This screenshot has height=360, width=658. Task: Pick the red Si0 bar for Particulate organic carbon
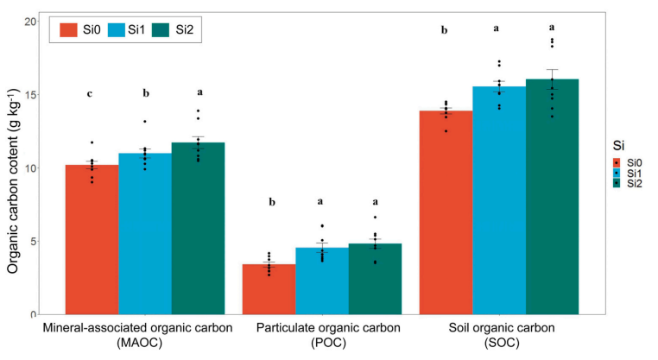[x=269, y=289]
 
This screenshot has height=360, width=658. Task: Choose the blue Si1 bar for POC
[x=321, y=281]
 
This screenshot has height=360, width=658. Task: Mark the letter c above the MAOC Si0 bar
[x=89, y=94]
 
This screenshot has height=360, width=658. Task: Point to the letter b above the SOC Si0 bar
[x=444, y=30]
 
